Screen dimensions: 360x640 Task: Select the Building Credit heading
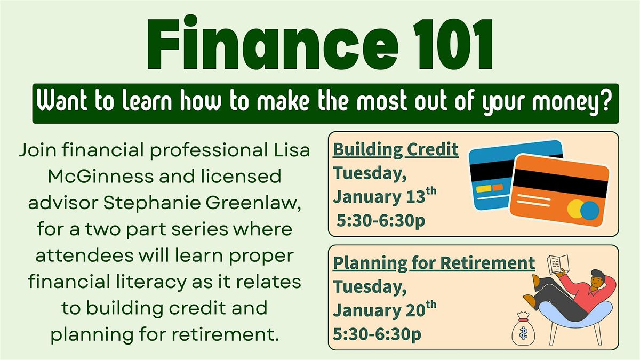pos(396,150)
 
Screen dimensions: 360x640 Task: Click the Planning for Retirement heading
pos(434,263)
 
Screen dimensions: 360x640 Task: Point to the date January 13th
pos(385,197)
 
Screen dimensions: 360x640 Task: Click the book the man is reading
pos(557,266)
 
